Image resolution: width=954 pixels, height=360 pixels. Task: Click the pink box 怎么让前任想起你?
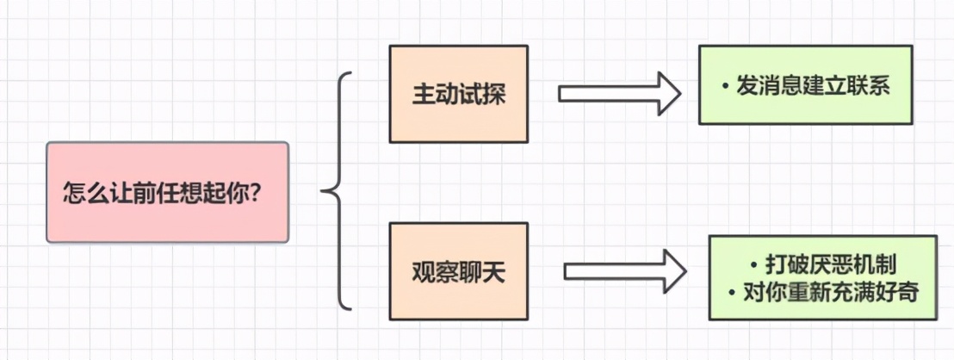pos(167,192)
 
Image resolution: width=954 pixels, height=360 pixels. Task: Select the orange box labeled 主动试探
pos(458,94)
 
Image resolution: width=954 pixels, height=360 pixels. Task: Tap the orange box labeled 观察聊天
pos(458,272)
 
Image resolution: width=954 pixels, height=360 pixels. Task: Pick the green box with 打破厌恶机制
pos(821,277)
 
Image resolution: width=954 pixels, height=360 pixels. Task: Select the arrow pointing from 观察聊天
pos(624,272)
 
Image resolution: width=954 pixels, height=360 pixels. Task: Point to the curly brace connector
pos(338,191)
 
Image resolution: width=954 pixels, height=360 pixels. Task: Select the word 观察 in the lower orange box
pos(435,273)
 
